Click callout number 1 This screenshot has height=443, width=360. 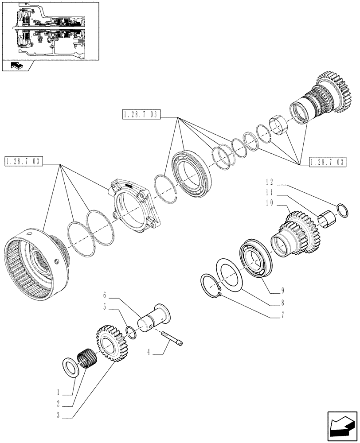coord(58,392)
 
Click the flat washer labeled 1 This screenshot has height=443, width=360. coord(70,365)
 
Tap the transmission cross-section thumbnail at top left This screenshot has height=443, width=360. coord(50,31)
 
